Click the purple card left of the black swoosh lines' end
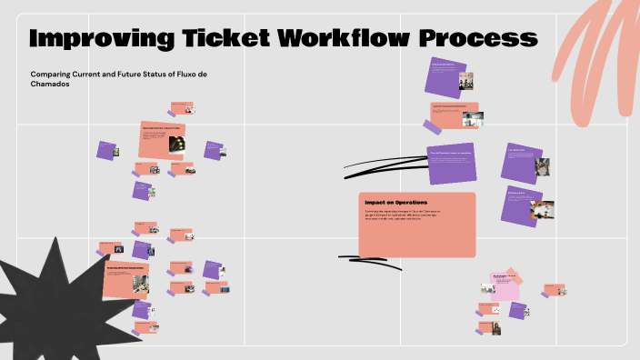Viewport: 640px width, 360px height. (452, 162)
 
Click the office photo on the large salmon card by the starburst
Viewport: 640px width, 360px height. (140, 283)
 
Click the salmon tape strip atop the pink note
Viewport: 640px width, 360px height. (515, 275)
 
